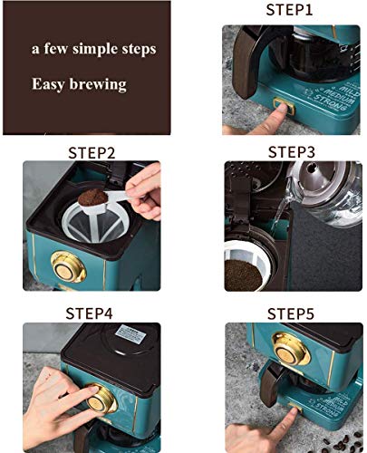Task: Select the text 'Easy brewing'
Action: point(80,84)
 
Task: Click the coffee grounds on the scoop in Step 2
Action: point(92,197)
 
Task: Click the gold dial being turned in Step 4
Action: point(101,400)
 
